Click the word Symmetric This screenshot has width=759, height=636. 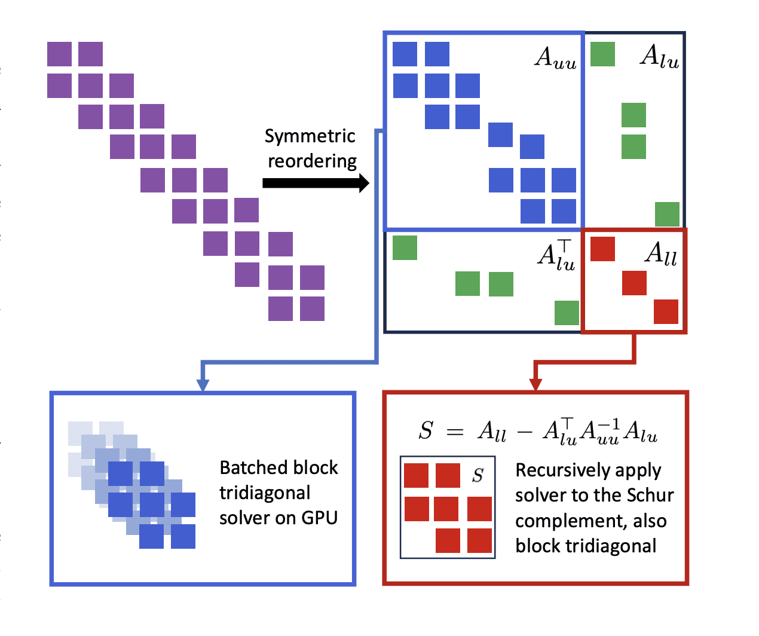pyautogui.click(x=310, y=137)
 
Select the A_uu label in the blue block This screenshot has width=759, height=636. pyautogui.click(x=555, y=58)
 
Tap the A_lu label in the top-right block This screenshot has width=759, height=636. pyautogui.click(x=660, y=57)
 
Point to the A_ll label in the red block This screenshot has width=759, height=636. pyautogui.click(x=661, y=255)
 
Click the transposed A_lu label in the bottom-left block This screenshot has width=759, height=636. pyautogui.click(x=556, y=254)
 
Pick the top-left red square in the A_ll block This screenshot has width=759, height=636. pyautogui.click(x=602, y=249)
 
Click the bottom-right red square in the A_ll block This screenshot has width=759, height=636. pyautogui.click(x=666, y=311)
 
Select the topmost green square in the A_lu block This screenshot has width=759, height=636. pyautogui.click(x=602, y=54)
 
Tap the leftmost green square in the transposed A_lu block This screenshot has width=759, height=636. pyautogui.click(x=405, y=247)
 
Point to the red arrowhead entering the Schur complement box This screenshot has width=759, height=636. pyautogui.click(x=535, y=384)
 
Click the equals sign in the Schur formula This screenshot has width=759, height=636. pyautogui.click(x=455, y=432)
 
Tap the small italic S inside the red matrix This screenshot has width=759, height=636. pyautogui.click(x=478, y=475)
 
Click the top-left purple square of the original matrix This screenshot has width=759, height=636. pyautogui.click(x=59, y=54)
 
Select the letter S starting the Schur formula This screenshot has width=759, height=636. pyautogui.click(x=426, y=430)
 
